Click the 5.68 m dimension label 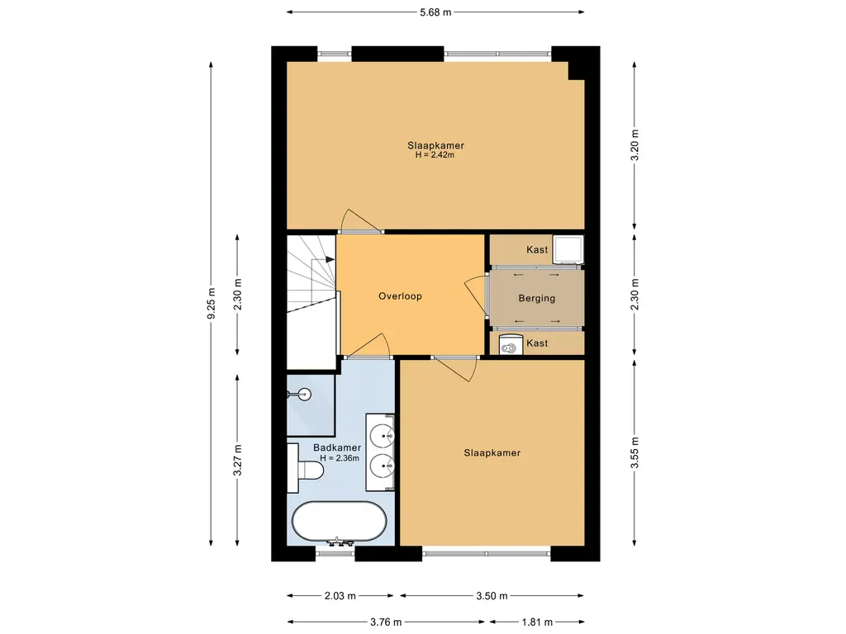(x=435, y=12)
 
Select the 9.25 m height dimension (x=211, y=303)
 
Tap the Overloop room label (x=400, y=296)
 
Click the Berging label (x=536, y=298)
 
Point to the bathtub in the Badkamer (x=340, y=522)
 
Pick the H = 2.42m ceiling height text (x=435, y=155)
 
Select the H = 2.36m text (x=340, y=458)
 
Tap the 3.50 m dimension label (x=492, y=596)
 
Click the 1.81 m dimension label (x=537, y=622)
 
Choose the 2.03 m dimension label (x=340, y=596)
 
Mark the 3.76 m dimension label (x=386, y=622)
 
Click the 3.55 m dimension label (x=635, y=453)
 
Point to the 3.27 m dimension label (x=237, y=461)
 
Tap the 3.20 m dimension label (x=635, y=145)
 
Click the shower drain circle (x=306, y=395)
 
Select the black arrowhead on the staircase (x=330, y=260)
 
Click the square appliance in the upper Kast (x=568, y=250)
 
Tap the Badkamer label (x=337, y=448)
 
